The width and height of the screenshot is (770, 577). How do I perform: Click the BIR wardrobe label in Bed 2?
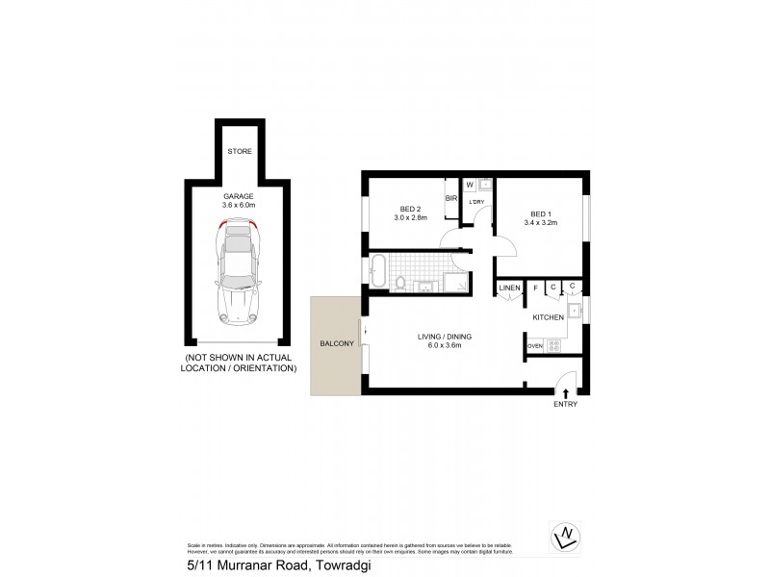click(x=450, y=199)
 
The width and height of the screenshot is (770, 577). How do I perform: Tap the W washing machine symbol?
click(x=470, y=184)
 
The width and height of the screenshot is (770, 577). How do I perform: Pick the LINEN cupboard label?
click(x=509, y=288)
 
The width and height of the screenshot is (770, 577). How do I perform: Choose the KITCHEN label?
click(x=548, y=315)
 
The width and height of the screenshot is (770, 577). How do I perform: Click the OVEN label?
click(x=535, y=346)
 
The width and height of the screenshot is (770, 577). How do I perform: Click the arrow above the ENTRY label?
click(x=565, y=392)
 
